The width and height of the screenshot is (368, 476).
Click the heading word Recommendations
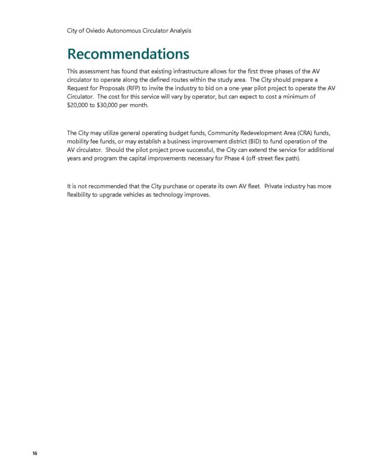pyautogui.click(x=128, y=54)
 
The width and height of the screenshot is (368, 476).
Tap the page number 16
pyautogui.click(x=35, y=454)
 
